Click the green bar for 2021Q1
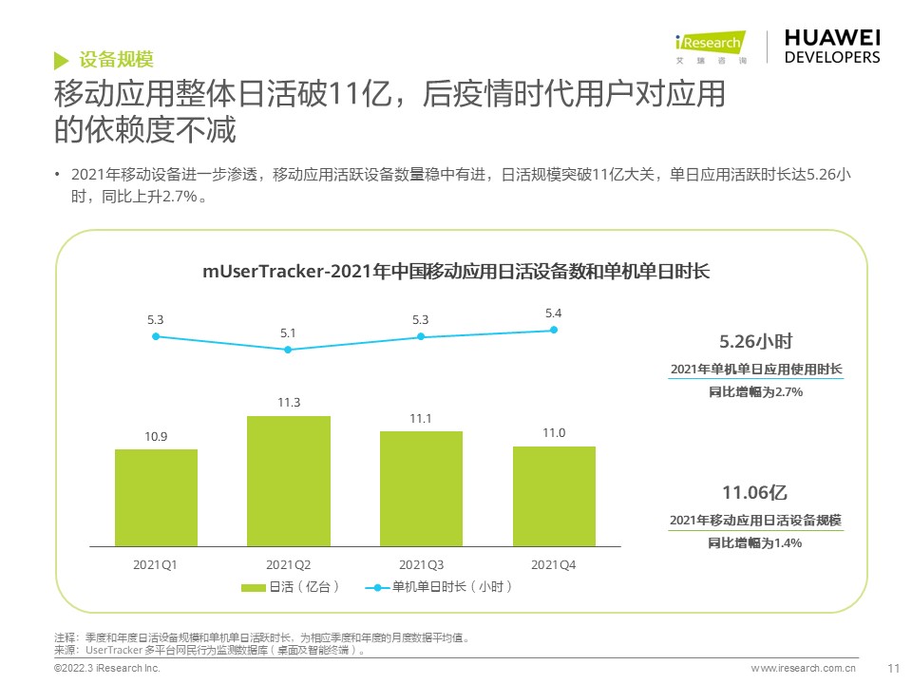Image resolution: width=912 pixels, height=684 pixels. point(156,498)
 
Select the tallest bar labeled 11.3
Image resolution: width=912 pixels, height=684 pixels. point(289,482)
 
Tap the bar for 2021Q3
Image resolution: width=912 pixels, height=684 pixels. point(421,489)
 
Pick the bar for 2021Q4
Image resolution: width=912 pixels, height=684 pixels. point(554,497)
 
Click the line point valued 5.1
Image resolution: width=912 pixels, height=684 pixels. point(289,350)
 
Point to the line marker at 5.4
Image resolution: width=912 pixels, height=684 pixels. point(554,330)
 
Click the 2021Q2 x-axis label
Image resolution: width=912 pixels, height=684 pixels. point(289,565)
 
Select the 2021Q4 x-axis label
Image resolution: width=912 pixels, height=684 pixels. point(554,565)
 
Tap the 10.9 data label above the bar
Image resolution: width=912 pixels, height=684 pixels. point(156,436)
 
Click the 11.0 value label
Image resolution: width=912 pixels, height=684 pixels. point(554,433)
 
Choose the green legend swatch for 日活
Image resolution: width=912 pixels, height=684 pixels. point(253,588)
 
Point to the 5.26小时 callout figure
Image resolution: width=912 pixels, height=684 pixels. point(756,341)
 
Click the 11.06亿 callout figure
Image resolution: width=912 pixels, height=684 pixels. point(755,492)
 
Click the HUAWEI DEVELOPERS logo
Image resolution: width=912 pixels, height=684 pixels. point(832,46)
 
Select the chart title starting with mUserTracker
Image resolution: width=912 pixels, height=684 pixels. point(456,272)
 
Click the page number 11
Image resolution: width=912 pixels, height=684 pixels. point(892,668)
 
